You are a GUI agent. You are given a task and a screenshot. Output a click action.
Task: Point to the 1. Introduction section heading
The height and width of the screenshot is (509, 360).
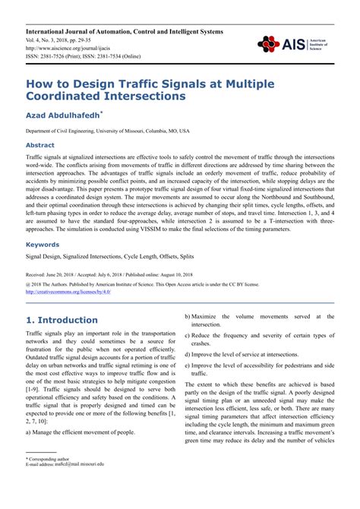click(62, 320)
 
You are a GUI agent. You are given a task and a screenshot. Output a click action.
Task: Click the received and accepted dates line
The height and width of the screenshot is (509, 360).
click(110, 272)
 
